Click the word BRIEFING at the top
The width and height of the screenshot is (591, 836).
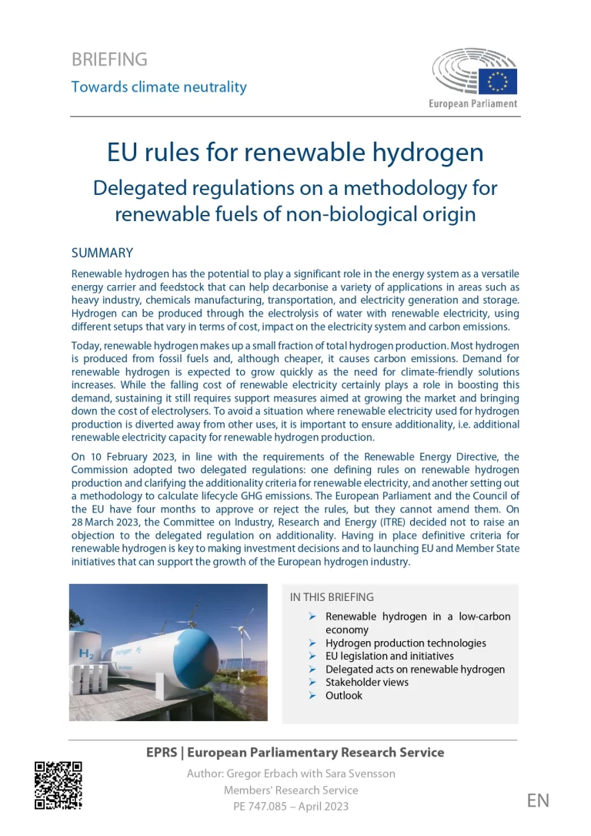[109, 59]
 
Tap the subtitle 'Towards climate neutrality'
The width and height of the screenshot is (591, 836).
[159, 86]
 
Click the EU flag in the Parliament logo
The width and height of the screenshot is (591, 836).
[498, 80]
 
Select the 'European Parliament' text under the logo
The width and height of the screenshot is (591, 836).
[473, 103]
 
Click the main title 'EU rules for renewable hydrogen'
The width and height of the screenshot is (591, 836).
[295, 153]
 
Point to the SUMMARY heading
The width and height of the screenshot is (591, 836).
[102, 253]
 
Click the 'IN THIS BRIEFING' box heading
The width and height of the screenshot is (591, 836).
[332, 597]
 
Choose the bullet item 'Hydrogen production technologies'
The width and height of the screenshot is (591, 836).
[406, 643]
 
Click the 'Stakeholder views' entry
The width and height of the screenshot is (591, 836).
[367, 682]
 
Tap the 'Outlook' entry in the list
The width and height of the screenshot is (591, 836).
[343, 695]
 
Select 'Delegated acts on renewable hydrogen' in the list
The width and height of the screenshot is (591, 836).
[415, 669]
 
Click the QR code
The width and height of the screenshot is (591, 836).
[58, 785]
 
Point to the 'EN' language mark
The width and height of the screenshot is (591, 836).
[538, 800]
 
